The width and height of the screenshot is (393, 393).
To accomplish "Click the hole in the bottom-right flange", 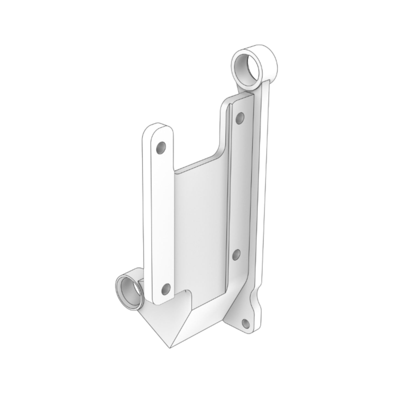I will point(246,323).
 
